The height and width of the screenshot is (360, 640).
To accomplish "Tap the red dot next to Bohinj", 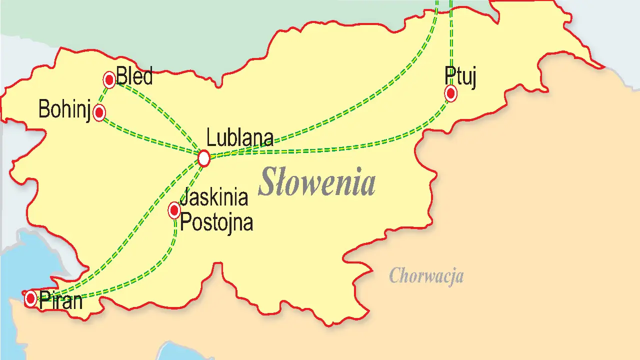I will pos(99,113).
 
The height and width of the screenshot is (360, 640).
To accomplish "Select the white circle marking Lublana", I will pos(203,158).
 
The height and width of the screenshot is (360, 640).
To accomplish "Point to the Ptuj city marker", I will pos(450,93).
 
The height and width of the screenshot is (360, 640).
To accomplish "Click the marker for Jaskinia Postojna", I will pos(174,210).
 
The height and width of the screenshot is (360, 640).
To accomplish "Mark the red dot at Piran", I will pos(31,299).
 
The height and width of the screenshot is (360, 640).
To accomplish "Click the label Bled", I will pos(134,77).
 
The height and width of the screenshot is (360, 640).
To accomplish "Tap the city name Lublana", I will pos(240,138).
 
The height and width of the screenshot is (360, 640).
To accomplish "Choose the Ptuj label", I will pos(460,76).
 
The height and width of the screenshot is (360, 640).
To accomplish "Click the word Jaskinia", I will pos(214,197).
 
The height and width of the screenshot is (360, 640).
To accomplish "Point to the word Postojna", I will pos(216,222).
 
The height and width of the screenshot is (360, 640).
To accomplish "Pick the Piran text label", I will pos(60,300).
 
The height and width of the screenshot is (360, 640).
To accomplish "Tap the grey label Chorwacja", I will pos(426,275).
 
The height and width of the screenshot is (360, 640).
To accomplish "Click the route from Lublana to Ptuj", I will pos(350,146).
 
